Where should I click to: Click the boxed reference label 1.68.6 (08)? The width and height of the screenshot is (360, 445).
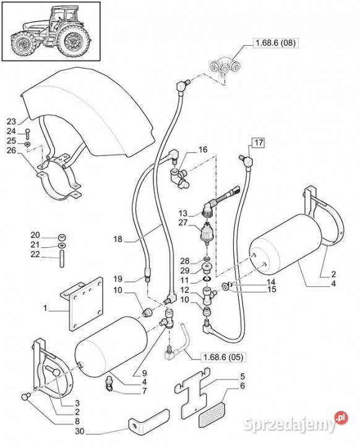click(275, 43)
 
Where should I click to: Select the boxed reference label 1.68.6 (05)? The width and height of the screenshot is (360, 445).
click(223, 357)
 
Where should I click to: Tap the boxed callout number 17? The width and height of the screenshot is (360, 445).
click(259, 142)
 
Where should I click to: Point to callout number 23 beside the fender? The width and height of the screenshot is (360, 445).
click(11, 122)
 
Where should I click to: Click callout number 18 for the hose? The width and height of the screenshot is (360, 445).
click(118, 239)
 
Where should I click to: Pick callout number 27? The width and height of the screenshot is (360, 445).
click(183, 222)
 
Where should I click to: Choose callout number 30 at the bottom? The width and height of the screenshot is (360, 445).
click(80, 431)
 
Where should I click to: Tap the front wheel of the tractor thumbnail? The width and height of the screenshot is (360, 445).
click(23, 44)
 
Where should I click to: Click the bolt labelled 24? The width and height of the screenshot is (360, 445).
click(27, 133)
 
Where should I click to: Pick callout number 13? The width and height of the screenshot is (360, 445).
click(184, 213)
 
